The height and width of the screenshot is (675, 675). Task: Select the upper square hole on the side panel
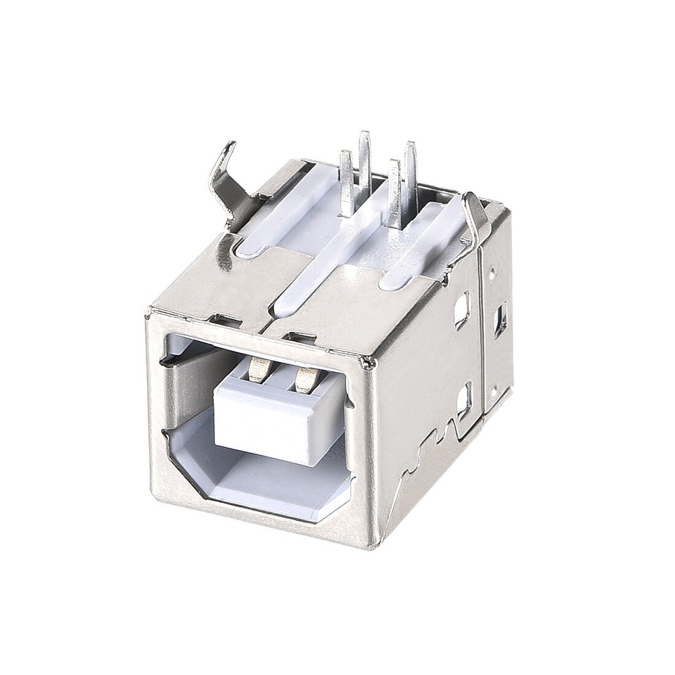point(462,310)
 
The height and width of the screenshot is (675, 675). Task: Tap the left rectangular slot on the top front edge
point(222,320)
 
